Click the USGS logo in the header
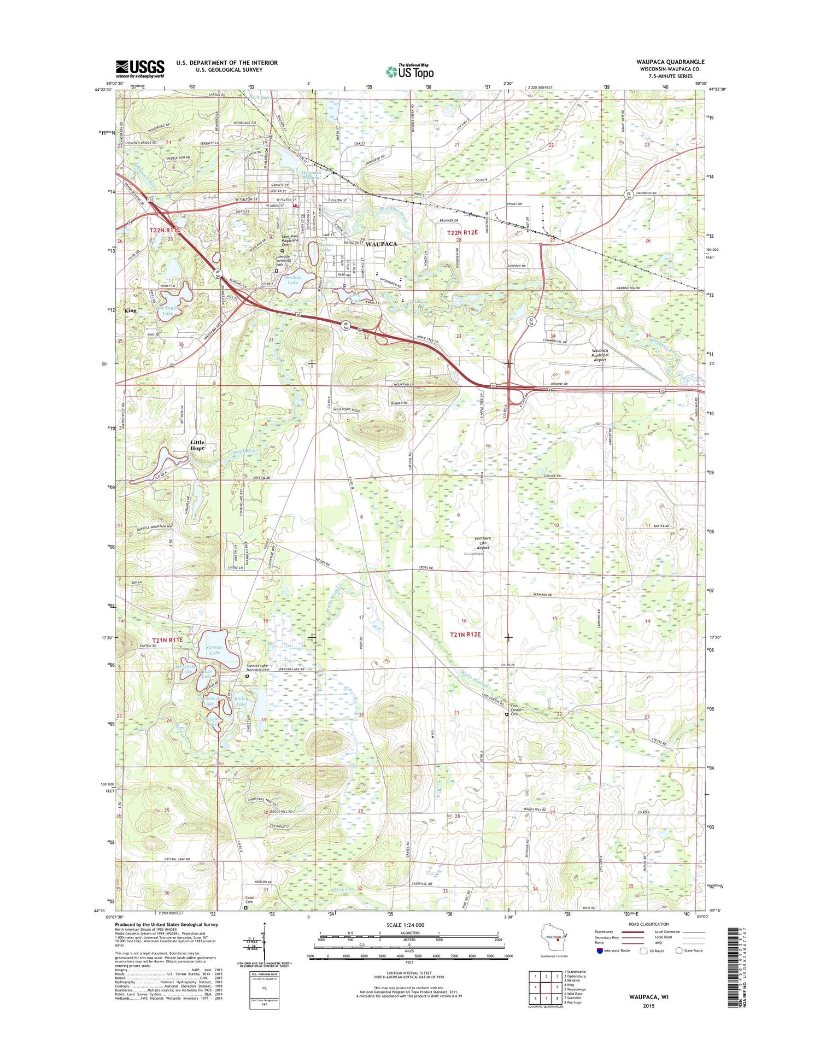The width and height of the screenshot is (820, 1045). pyautogui.click(x=140, y=69)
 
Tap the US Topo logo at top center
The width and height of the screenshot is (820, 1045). pyautogui.click(x=410, y=71)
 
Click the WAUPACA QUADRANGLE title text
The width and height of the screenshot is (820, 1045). pyautogui.click(x=670, y=62)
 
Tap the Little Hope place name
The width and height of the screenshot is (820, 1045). pyautogui.click(x=197, y=445)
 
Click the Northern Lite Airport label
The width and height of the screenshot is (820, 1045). pyautogui.click(x=483, y=543)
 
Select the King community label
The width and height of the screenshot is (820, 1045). pyautogui.click(x=130, y=310)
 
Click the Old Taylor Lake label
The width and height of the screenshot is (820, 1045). pyautogui.click(x=167, y=310)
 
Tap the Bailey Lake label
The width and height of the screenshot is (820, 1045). pyautogui.click(x=241, y=701)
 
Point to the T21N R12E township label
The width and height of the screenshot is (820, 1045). pyautogui.click(x=465, y=634)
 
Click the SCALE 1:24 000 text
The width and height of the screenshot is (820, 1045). pyautogui.click(x=408, y=924)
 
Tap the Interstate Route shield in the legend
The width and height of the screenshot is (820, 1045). pyautogui.click(x=599, y=950)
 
